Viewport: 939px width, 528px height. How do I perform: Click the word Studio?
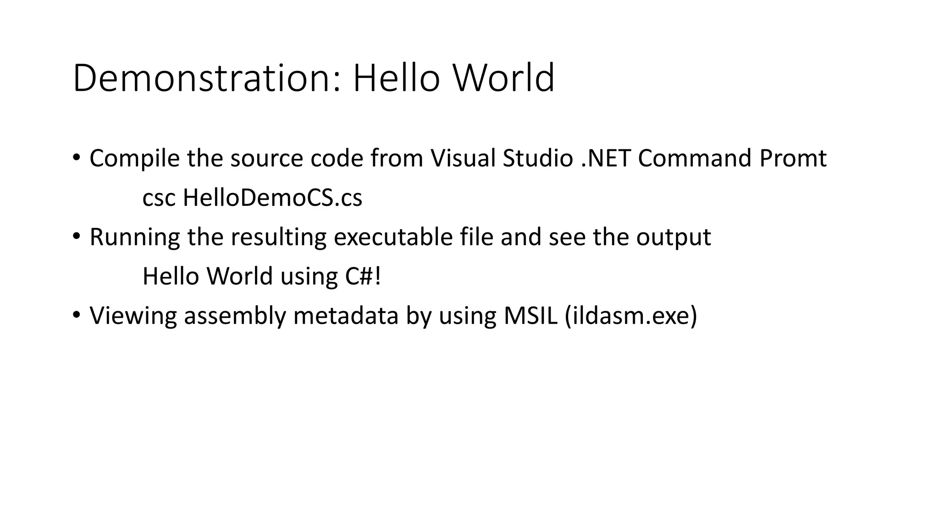538,159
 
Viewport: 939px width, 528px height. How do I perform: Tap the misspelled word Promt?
793,159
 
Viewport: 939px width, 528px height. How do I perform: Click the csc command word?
159,198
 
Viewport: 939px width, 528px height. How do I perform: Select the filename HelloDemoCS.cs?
272,198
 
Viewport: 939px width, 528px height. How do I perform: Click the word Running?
134,237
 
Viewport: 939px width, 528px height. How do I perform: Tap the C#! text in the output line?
363,276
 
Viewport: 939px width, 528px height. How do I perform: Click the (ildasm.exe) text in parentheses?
631,316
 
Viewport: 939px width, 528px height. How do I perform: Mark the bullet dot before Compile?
76,158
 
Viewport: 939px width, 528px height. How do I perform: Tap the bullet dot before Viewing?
76,315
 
